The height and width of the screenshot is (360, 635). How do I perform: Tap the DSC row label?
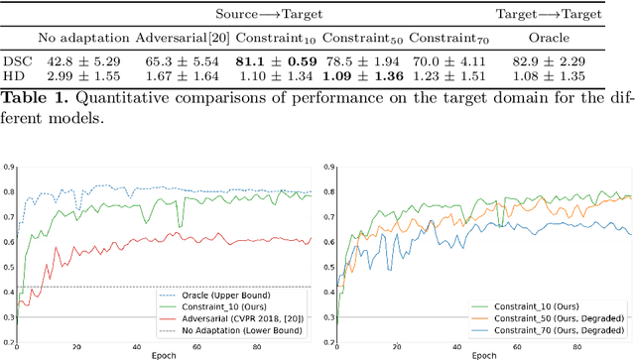tap(14, 61)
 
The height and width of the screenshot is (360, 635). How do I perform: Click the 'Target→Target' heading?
tap(563, 14)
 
